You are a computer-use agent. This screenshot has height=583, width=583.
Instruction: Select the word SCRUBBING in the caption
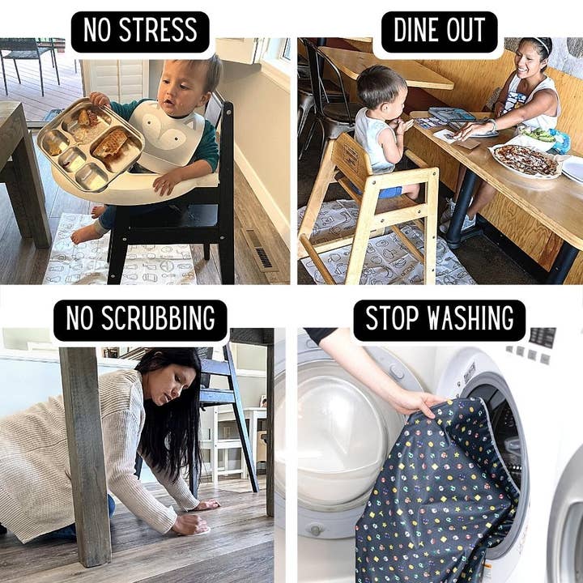point(158,318)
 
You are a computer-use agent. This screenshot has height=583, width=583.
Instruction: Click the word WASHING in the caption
point(470,318)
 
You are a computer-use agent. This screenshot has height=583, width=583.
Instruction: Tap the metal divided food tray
point(91,144)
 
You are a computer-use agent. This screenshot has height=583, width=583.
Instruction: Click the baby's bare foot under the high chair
point(85,233)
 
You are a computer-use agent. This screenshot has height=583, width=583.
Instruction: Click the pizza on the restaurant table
point(526,160)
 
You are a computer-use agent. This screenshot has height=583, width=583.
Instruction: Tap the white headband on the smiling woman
point(540,45)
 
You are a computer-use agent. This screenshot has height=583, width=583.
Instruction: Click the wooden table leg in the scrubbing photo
point(86,457)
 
